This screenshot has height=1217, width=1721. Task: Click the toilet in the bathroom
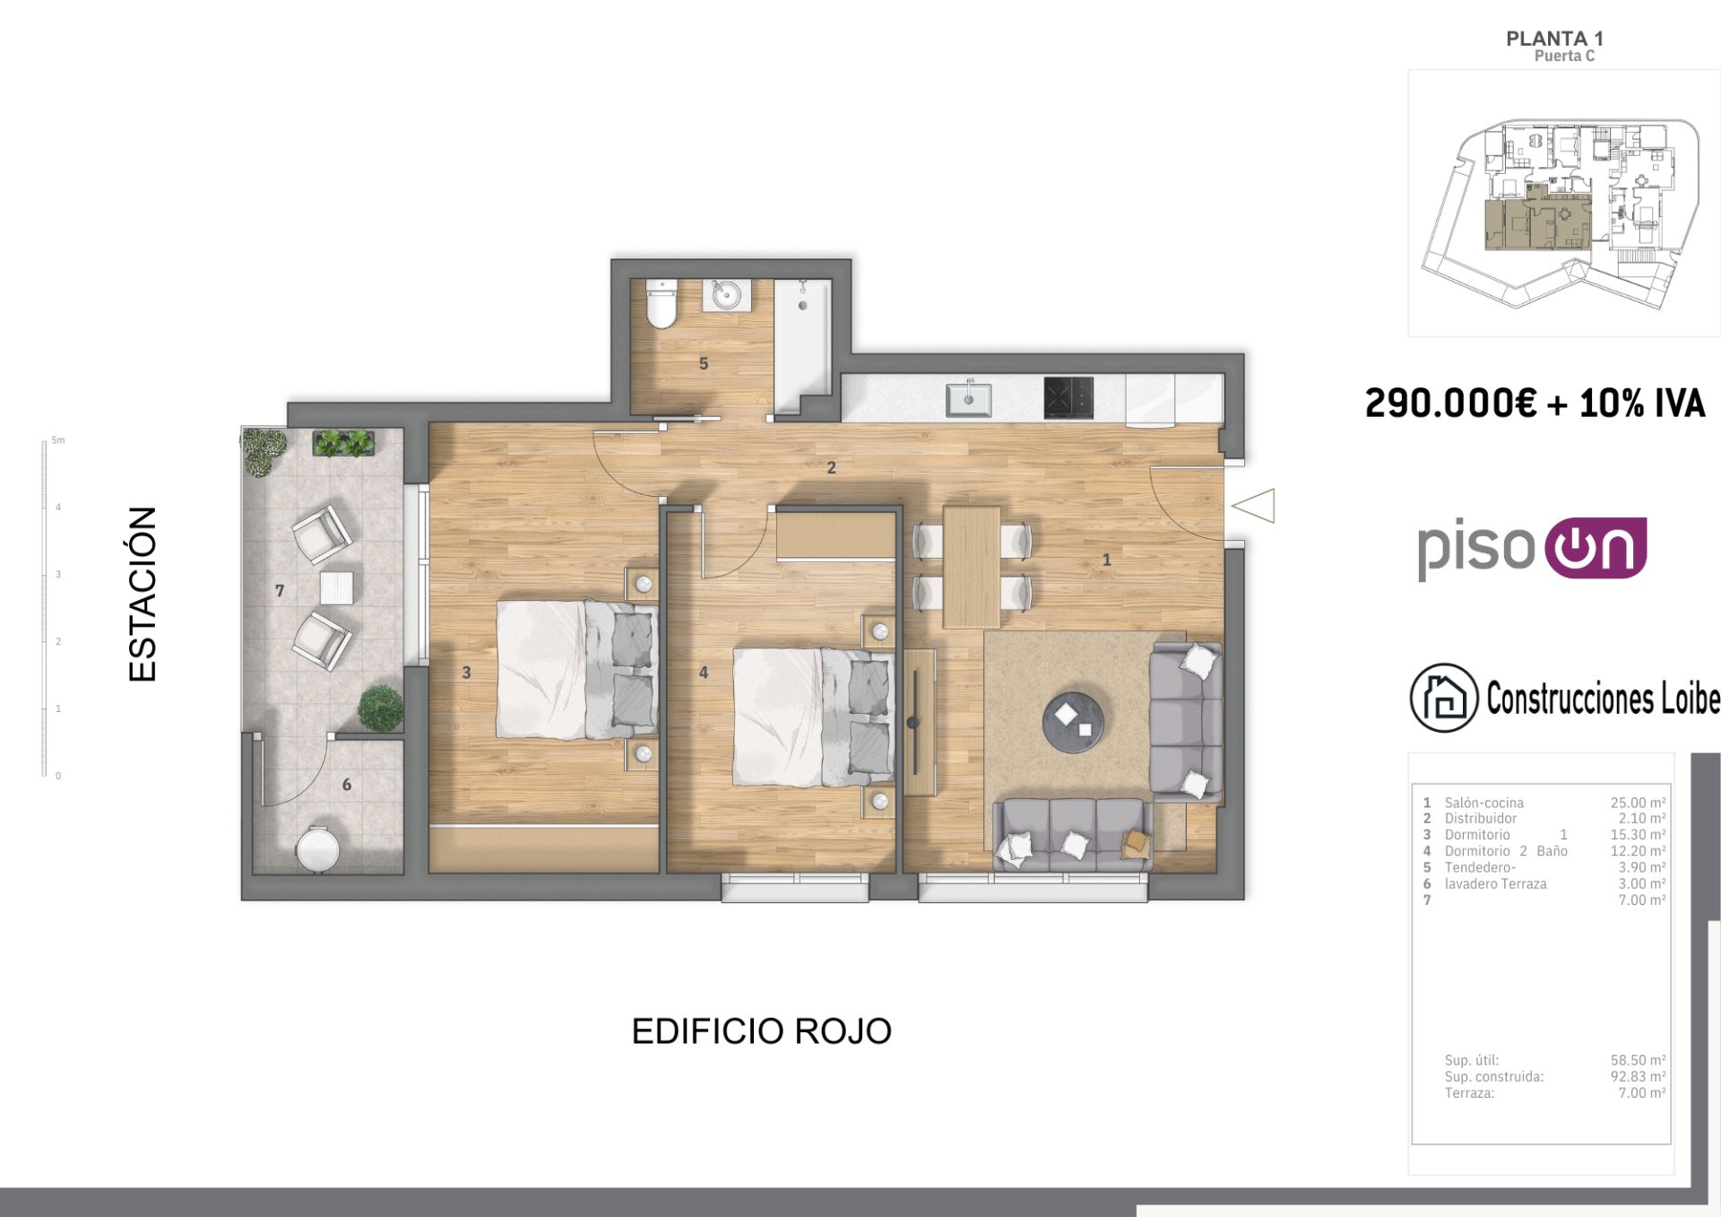click(662, 305)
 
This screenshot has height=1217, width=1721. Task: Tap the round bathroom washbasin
click(727, 295)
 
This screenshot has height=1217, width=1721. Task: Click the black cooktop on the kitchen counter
click(1068, 397)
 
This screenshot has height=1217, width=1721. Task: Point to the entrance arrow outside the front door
click(1254, 506)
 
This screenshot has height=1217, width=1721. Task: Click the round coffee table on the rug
click(1073, 723)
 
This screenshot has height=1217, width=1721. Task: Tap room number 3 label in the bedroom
click(466, 673)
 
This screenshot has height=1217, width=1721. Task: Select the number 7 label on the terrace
click(280, 591)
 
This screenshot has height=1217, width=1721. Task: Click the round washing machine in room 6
click(317, 848)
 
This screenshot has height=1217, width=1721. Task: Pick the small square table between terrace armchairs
click(336, 588)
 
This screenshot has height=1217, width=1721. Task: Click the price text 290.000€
click(1450, 404)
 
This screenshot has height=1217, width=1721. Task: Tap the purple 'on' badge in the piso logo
click(1596, 548)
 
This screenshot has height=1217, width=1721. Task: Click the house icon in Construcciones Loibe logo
click(1443, 698)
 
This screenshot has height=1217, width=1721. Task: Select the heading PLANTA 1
click(1554, 39)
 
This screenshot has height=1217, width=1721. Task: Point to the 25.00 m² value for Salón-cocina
click(1638, 803)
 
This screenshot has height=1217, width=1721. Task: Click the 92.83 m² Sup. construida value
click(1638, 1076)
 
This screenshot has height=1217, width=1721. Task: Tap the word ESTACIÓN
click(143, 594)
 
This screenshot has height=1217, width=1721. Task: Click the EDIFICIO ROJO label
click(761, 1031)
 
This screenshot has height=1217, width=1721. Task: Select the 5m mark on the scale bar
click(57, 440)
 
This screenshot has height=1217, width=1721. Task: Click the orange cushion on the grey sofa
click(1136, 842)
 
